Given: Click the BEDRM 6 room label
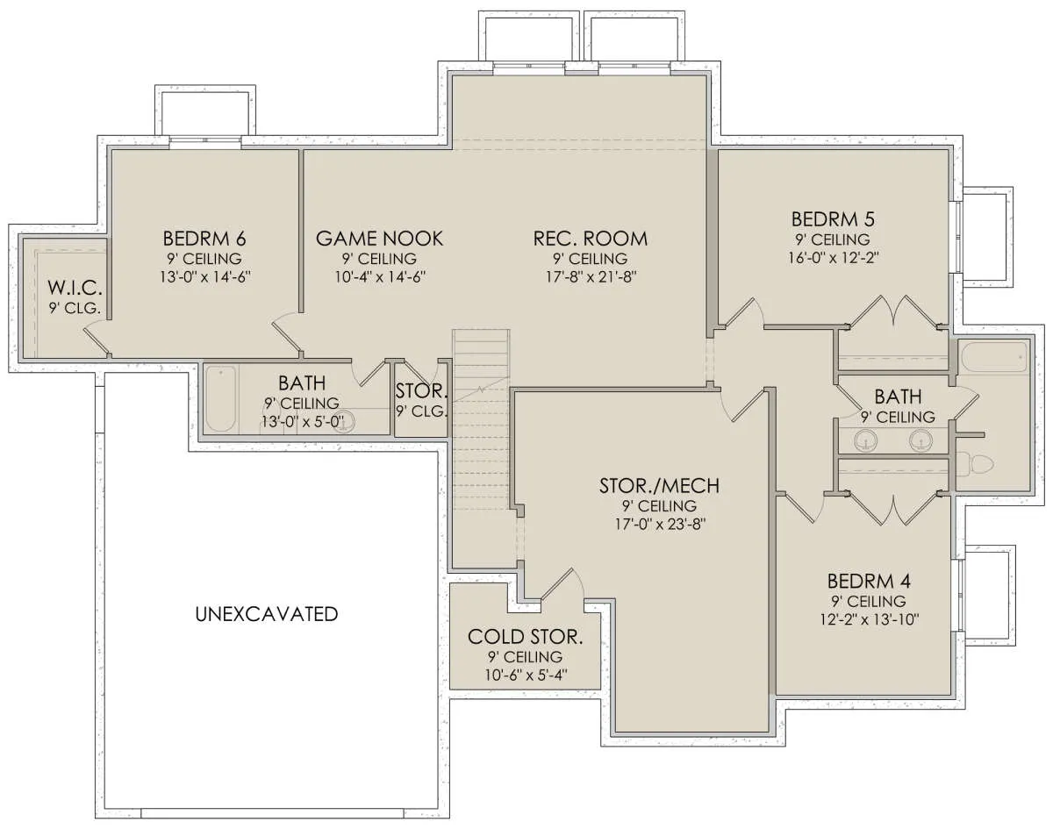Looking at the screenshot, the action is (204, 239).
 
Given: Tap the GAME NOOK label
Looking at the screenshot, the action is (379, 239).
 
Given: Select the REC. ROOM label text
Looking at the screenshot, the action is (590, 239).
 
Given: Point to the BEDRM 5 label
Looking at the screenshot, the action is (833, 219).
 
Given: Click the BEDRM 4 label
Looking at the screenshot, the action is (869, 582).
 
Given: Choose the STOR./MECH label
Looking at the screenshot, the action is (660, 486).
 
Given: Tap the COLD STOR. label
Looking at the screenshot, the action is (526, 637).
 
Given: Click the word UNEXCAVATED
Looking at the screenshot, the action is (267, 614).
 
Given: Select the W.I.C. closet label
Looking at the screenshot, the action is (75, 289).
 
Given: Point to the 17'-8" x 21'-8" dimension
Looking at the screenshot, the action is (591, 277).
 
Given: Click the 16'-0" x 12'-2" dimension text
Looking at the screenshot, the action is (834, 257).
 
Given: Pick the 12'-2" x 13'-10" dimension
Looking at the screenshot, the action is (870, 619).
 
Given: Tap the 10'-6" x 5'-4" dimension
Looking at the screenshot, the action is (526, 675).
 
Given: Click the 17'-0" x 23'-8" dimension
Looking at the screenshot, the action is (660, 524).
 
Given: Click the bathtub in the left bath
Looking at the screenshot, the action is (220, 399).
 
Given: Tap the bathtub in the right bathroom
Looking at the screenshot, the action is (994, 357).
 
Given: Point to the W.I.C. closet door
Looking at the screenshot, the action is (97, 339).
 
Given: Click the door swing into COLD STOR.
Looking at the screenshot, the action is (562, 583).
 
